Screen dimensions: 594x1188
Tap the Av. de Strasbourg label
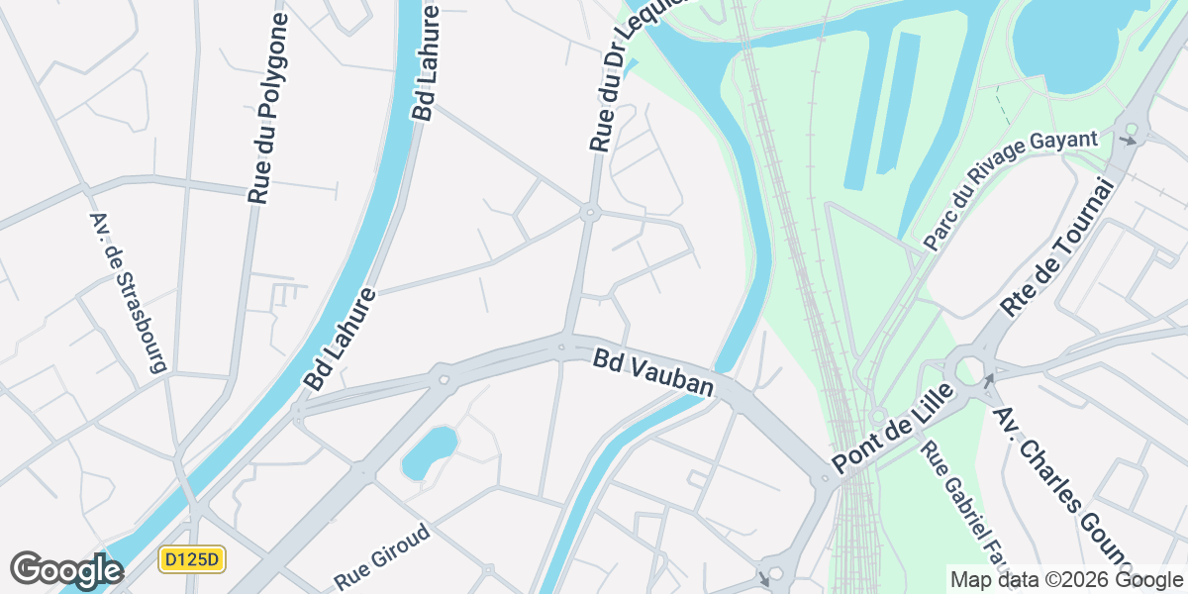(127, 292)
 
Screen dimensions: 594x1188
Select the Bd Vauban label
(653, 372)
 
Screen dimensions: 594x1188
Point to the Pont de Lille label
(892, 427)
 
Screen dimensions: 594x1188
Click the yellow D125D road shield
(193, 560)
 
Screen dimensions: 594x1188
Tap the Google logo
(65, 570)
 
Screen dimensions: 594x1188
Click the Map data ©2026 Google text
(1065, 579)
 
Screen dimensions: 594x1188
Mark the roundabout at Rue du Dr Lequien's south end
(589, 211)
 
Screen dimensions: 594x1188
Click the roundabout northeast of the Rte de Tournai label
(1130, 132)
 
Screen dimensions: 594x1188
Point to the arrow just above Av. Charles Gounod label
(988, 380)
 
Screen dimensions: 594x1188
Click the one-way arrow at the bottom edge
(762, 578)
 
